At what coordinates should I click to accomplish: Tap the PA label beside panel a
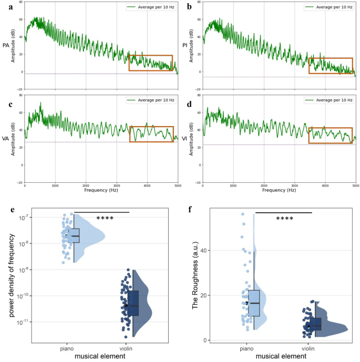[5, 45]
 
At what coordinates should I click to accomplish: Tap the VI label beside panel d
[184, 139]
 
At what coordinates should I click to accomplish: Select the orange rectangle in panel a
[150, 63]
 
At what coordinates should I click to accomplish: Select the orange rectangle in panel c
[151, 134]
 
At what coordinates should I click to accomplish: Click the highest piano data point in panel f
[243, 214]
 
